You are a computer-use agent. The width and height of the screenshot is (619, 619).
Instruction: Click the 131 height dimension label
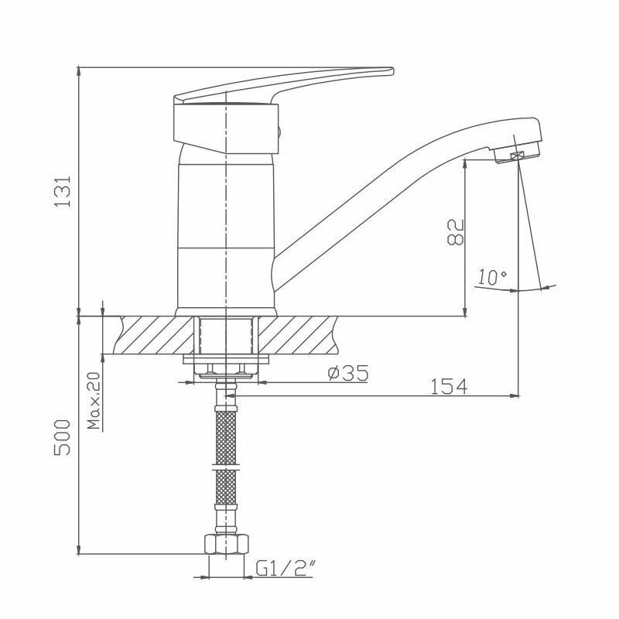[x=63, y=191]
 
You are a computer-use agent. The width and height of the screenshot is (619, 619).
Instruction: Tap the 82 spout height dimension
[x=455, y=232]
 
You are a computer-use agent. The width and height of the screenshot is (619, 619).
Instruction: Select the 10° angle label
[x=492, y=277]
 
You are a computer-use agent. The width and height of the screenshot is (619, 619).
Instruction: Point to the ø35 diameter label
[x=348, y=373]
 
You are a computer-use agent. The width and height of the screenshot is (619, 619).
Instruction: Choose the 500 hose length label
[x=63, y=437]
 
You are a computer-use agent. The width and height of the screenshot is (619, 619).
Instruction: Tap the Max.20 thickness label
[x=94, y=401]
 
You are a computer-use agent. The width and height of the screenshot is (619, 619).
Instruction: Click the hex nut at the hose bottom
[x=226, y=545]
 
